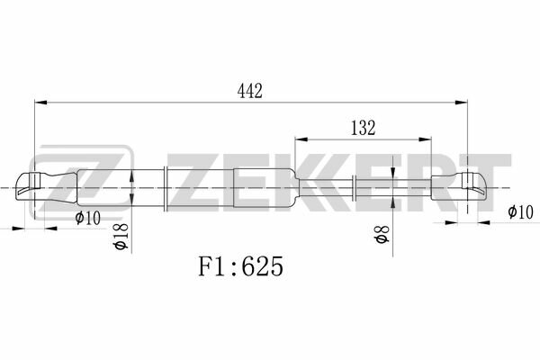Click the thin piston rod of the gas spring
[396, 188]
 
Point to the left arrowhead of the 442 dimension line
[40, 103]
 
